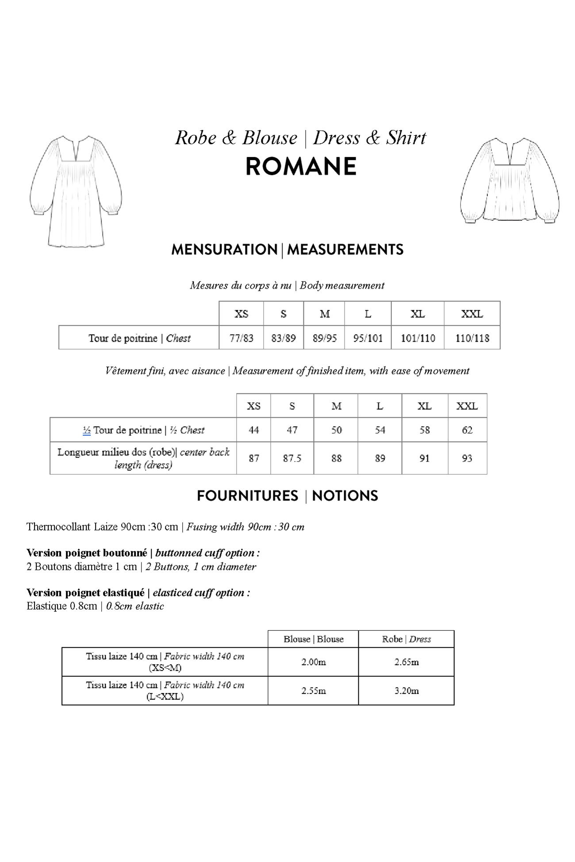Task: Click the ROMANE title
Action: [x=301, y=167]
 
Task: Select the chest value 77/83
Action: [x=241, y=338]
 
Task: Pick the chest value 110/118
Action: [x=472, y=338]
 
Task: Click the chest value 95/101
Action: [x=368, y=338]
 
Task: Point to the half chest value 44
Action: [x=253, y=430]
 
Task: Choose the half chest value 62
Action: [x=467, y=430]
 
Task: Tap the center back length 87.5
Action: [x=292, y=458]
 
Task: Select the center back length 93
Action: [x=467, y=458]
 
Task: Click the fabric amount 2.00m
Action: [x=314, y=662]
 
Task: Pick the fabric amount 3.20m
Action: [x=406, y=690]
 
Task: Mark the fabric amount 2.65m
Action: [x=406, y=662]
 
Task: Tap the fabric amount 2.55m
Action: [x=314, y=690]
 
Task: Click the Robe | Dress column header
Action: [x=406, y=639]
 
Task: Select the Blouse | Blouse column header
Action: [x=314, y=639]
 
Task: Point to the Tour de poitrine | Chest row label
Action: [x=139, y=338]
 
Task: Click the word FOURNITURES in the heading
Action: [x=247, y=496]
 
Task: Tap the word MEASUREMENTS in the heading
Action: [x=345, y=250]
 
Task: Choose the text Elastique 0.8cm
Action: [x=61, y=606]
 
